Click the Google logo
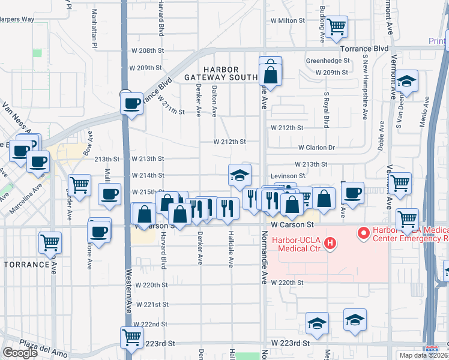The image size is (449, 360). point(20,353)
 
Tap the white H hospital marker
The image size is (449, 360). point(329,243)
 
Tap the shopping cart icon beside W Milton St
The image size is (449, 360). point(337,26)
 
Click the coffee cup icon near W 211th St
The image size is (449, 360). point(131,103)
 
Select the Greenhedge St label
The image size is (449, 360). point(328,61)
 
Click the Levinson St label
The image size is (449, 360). point(288,176)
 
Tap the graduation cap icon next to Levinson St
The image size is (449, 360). point(240,175)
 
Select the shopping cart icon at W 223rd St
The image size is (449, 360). point(131,337)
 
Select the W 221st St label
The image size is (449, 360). point(152,305)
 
